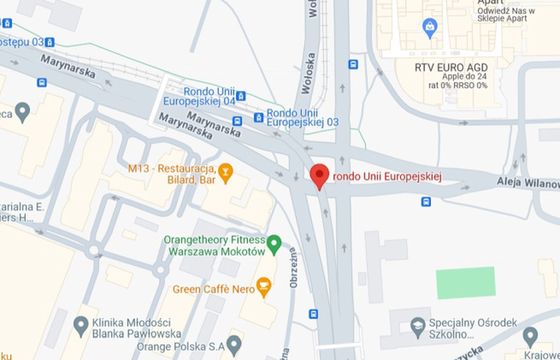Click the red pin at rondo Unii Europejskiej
(x=320, y=176)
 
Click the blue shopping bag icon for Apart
(x=429, y=26)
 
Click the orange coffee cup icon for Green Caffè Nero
(x=263, y=288)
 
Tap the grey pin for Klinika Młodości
(x=82, y=323)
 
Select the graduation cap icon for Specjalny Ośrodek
(x=420, y=323)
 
